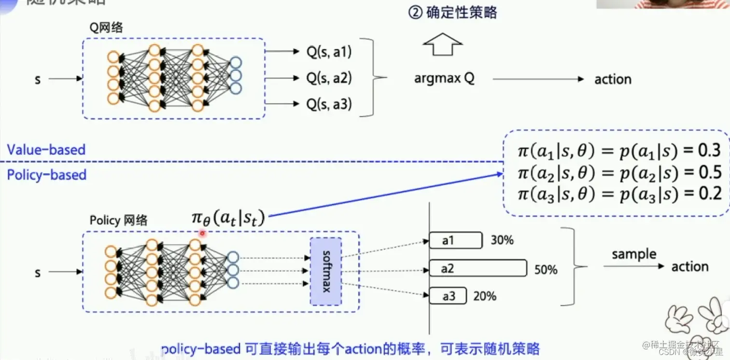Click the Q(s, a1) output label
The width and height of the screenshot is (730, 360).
(x=329, y=52)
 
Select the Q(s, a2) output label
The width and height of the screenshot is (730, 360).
(x=329, y=78)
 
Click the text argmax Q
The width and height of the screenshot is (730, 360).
(x=444, y=79)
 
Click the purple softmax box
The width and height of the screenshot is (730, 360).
(x=326, y=271)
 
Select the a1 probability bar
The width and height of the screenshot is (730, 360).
(x=456, y=240)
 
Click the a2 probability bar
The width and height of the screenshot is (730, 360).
(x=478, y=268)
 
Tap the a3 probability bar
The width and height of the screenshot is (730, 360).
(x=448, y=296)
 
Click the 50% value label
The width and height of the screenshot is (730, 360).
(x=546, y=270)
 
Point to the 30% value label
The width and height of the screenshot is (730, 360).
(x=502, y=240)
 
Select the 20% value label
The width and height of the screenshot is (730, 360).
(x=484, y=296)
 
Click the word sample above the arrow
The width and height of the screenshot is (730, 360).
(x=634, y=254)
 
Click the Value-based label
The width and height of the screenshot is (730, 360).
(x=46, y=150)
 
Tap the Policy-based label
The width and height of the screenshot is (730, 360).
(x=46, y=174)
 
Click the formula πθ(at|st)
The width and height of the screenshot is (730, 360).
(x=228, y=219)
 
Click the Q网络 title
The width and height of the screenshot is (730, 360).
(x=106, y=28)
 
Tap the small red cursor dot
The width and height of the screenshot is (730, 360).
(x=202, y=233)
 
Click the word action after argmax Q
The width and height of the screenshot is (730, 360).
(x=613, y=79)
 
